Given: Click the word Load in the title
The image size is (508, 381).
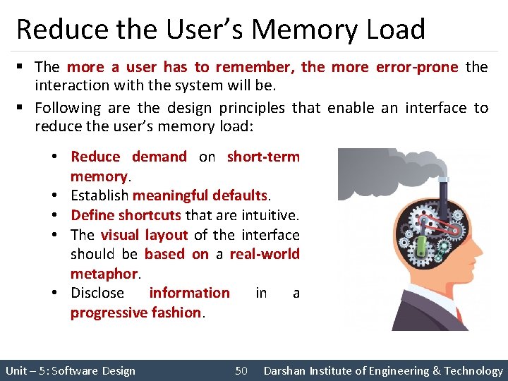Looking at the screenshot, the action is click(x=394, y=30).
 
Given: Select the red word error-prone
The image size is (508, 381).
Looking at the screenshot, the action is click(x=423, y=67).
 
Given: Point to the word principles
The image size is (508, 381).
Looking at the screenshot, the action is click(x=252, y=108).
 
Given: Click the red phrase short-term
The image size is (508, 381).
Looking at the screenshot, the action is click(x=263, y=157).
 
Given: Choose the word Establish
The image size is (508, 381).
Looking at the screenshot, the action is click(x=99, y=195).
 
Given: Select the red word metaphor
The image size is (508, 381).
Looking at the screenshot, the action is click(x=103, y=273).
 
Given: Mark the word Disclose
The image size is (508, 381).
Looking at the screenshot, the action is click(x=97, y=293).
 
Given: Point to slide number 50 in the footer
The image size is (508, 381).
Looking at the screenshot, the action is click(x=241, y=370).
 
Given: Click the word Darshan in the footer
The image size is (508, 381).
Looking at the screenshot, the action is click(x=286, y=370).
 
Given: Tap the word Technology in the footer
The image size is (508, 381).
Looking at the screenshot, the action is click(x=473, y=370).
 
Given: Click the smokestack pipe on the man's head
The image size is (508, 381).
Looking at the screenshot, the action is click(x=444, y=187).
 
